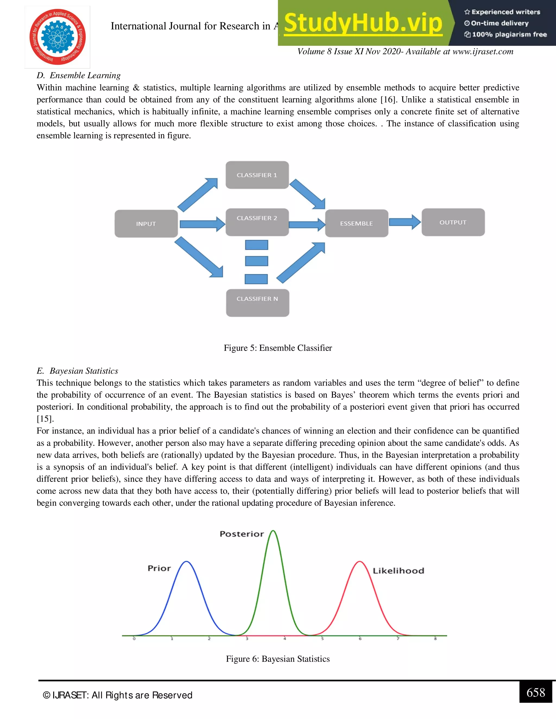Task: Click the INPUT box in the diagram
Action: pos(146,224)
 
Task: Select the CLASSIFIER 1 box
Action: pos(257,175)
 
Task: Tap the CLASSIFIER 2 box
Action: pos(257,222)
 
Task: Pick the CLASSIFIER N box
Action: pos(257,302)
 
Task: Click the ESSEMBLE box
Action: pos(356,223)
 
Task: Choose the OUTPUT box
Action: pos(453,222)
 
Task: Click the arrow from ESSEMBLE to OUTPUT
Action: pos(405,222)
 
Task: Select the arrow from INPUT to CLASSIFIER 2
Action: pos(202,224)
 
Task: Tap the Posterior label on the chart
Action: pos(242,534)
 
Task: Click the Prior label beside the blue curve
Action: pos(159,568)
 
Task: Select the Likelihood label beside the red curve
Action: pos(398,571)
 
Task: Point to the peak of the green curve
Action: pos(273,531)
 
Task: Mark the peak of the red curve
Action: pos(360,562)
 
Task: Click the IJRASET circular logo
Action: pos(57,37)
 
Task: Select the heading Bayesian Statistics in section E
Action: pos(84,371)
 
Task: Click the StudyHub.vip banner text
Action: pos(363,23)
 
